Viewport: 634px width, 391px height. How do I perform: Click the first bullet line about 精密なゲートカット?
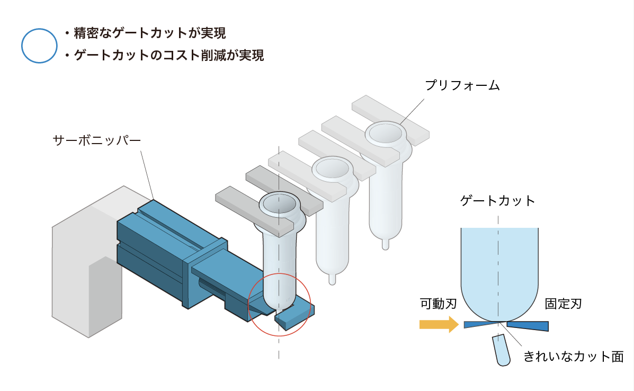pos(145,33)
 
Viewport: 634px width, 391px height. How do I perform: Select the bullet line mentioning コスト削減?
pos(164,55)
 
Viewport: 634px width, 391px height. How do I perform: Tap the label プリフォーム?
pos(462,85)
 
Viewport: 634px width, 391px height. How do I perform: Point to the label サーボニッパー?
pos(97,140)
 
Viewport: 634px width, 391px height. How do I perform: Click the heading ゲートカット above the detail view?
pos(498,201)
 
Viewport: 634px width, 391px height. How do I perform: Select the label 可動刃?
pos(439,304)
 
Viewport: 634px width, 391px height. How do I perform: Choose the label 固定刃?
pos(563,304)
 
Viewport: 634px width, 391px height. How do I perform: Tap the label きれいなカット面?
pos(573,357)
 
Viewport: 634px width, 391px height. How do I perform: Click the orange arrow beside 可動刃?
pos(439,324)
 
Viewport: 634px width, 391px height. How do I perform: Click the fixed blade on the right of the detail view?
pos(528,325)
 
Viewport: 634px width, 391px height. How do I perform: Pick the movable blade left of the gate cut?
pos(481,324)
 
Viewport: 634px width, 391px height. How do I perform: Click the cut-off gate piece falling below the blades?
pos(502,350)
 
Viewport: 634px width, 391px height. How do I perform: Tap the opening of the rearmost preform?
pos(386,132)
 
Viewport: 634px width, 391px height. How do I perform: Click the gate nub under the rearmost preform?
pos(386,244)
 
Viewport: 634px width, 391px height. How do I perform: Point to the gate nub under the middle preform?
pos(333,279)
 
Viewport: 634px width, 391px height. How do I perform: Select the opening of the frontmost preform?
pos(279,203)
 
